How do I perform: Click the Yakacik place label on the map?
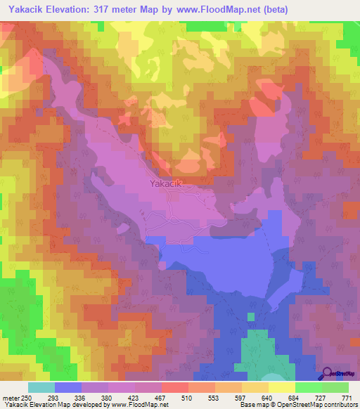(x=166, y=184)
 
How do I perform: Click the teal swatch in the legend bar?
(x=41, y=387)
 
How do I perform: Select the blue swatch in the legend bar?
(x=68, y=387)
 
